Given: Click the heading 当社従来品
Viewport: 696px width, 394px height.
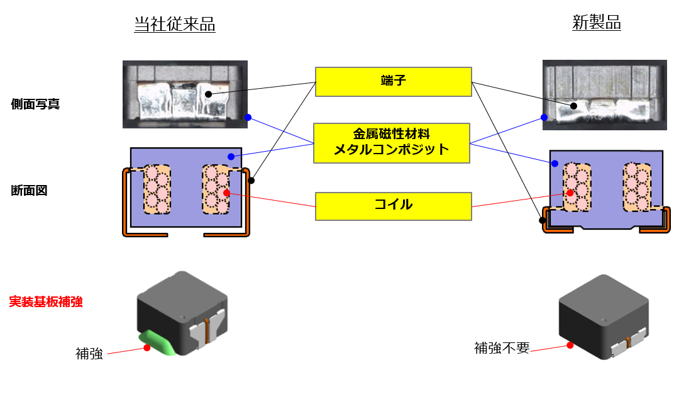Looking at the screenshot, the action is click(174, 24).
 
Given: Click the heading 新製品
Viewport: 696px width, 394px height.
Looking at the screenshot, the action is click(596, 22).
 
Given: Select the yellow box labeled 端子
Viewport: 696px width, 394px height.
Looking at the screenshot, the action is click(394, 82).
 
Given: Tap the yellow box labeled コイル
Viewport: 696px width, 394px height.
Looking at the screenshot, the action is click(394, 206).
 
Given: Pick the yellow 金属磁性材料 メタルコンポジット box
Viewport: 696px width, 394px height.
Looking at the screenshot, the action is click(392, 143).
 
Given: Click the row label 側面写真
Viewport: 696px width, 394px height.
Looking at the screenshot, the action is click(35, 104).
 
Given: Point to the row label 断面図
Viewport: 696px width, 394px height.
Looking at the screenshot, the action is click(29, 191).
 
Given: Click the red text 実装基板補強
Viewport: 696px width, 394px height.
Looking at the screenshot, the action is click(46, 301).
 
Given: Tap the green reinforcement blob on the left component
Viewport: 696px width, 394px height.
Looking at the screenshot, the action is click(158, 342).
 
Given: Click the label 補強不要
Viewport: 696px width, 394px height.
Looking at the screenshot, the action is click(502, 348).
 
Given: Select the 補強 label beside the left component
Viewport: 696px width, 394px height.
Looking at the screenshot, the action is click(89, 354).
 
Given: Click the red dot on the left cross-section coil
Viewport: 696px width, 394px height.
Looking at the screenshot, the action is click(227, 193).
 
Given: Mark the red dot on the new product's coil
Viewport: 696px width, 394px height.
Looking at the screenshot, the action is click(570, 193).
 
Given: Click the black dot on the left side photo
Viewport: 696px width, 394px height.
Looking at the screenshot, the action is click(208, 94).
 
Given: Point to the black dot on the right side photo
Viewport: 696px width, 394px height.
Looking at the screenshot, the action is click(573, 106).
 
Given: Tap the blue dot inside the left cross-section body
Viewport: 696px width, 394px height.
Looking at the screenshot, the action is click(231, 156).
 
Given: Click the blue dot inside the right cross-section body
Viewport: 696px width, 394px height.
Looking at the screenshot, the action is click(555, 164).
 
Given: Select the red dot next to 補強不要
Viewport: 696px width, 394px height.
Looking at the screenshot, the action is click(570, 345).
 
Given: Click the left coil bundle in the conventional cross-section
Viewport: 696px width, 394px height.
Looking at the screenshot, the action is click(157, 189).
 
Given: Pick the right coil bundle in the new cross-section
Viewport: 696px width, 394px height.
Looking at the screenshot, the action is click(637, 187).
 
